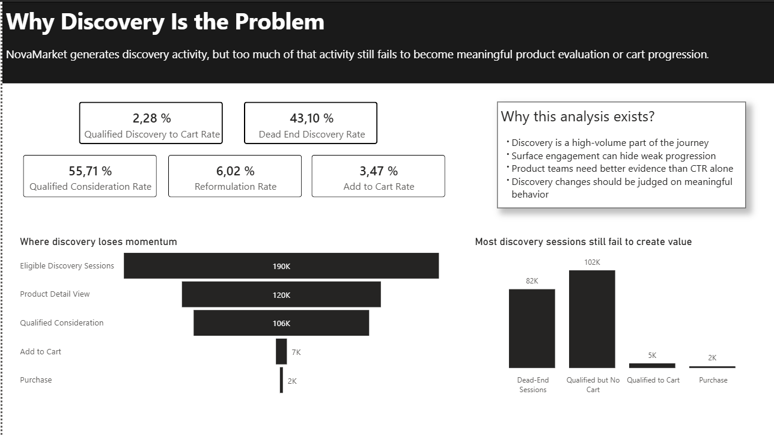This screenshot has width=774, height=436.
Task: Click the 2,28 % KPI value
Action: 151,118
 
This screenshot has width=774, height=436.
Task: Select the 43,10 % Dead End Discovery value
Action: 311,118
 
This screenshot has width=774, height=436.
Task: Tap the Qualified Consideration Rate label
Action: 90,186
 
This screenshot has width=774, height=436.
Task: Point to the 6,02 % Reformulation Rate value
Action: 235,171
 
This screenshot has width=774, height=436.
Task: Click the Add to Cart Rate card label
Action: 379,186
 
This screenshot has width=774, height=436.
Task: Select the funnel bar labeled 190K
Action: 281,266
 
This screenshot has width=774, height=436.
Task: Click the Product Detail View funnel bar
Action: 281,295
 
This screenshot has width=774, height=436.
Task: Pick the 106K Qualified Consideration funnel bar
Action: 281,323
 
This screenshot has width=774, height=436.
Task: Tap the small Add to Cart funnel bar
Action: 281,351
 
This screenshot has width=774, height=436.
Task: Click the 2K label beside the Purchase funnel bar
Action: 292,381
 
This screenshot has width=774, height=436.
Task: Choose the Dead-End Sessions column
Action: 532,329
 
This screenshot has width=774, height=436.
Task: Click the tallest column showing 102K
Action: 592,319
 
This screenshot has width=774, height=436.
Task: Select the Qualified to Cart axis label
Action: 653,380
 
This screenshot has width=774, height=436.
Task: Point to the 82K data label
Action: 532,281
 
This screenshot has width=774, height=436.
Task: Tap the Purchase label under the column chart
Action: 713,380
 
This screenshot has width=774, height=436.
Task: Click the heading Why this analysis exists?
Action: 577,117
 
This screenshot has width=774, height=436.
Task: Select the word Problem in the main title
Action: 279,22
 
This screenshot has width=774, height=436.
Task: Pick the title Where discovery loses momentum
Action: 99,242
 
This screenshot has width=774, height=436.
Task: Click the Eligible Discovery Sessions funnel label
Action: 67,266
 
